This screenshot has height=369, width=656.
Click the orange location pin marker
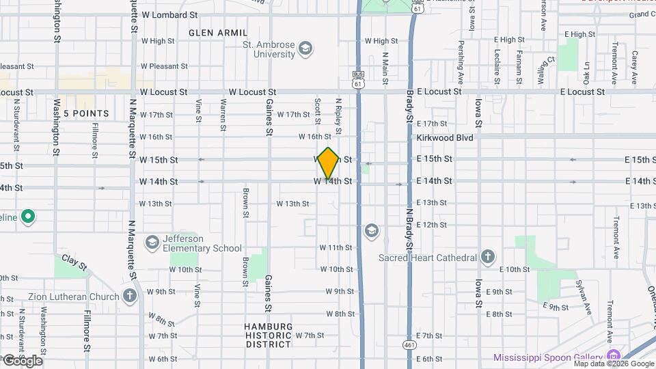329,163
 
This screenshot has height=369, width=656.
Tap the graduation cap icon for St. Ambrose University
305,49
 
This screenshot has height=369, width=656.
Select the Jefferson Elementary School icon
152,243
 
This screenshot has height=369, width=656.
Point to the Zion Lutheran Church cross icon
130,296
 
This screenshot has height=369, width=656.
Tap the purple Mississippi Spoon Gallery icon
613,357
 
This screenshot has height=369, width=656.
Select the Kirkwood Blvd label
445,137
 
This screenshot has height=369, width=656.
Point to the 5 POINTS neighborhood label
86,113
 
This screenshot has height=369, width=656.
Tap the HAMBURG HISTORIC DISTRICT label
269,336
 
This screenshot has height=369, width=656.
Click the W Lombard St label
169,14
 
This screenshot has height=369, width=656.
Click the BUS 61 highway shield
357,79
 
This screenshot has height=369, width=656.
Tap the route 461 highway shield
408,345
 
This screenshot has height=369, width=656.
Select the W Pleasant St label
164,66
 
